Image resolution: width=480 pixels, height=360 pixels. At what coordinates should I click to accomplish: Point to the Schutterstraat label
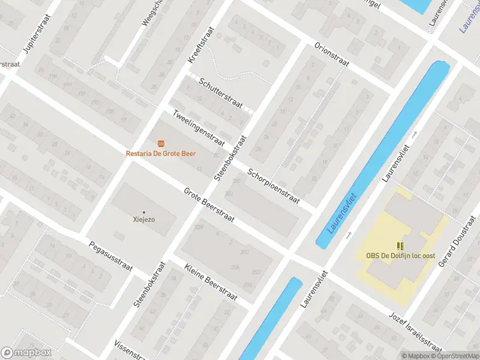pos(221,94)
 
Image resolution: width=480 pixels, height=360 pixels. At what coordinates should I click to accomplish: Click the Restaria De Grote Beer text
pos(164,154)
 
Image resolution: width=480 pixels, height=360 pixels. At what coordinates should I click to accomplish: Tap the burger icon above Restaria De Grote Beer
pos(160,143)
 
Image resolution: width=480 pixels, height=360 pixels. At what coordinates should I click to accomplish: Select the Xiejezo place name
pos(144,220)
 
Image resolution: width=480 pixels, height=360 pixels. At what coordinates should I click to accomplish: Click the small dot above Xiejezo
pos(144,212)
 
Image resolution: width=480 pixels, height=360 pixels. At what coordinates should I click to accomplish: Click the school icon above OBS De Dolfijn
pos(400,246)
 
